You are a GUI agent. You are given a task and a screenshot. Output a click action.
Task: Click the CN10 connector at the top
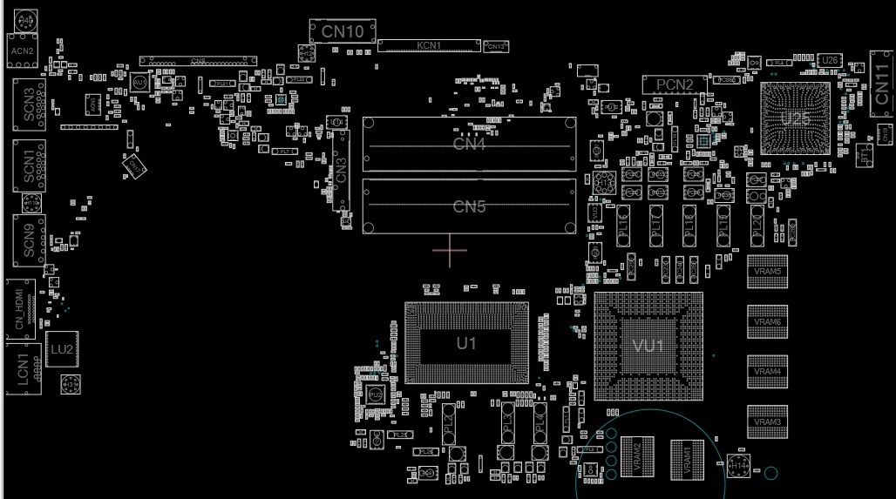pos(343,31)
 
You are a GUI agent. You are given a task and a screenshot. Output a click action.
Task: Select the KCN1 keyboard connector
pos(429,45)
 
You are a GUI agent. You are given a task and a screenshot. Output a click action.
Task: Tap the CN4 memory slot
pos(470,144)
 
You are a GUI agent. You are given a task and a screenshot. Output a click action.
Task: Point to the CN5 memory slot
pos(470,206)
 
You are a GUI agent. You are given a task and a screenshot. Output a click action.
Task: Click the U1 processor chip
pos(466,344)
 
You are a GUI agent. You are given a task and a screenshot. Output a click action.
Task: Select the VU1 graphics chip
pos(648,346)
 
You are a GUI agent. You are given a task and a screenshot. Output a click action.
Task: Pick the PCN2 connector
pos(675,84)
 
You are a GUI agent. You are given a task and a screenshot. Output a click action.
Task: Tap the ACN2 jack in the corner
pos(22,51)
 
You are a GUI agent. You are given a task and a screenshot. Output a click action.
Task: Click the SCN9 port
pos(29,239)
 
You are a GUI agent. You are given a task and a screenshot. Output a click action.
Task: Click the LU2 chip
pos(61,349)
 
